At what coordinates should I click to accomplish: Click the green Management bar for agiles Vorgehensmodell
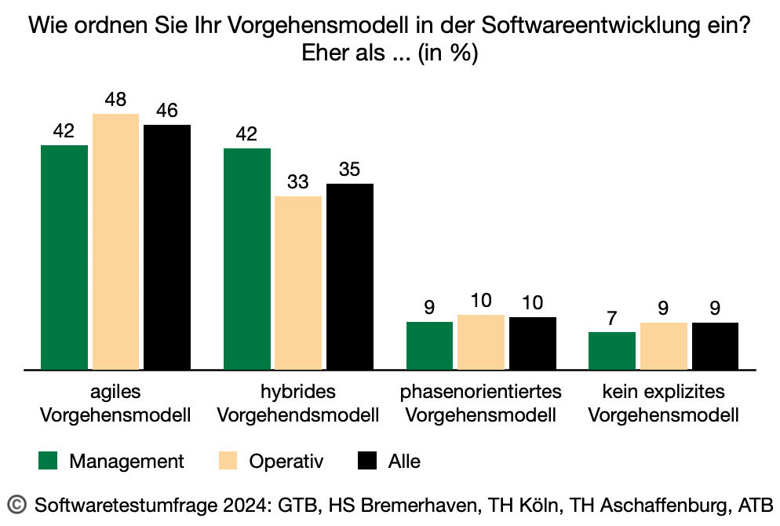tap(64, 257)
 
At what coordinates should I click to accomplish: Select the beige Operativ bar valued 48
tap(115, 241)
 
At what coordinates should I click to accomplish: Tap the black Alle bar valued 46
tap(167, 247)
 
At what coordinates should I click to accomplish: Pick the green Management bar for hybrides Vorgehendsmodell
tap(247, 258)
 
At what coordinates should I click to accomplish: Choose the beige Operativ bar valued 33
tap(298, 282)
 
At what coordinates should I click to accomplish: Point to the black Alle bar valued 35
tap(350, 276)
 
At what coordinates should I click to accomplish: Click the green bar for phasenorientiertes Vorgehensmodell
tap(429, 345)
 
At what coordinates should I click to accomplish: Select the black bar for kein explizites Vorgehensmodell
tap(715, 345)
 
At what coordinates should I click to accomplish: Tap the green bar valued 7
tap(612, 350)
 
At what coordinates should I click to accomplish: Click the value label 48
tap(115, 100)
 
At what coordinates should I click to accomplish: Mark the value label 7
tap(612, 319)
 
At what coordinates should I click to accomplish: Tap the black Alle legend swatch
tap(367, 461)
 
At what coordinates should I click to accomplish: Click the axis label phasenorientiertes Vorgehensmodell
tap(481, 403)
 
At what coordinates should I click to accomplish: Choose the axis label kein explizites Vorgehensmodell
tap(663, 403)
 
